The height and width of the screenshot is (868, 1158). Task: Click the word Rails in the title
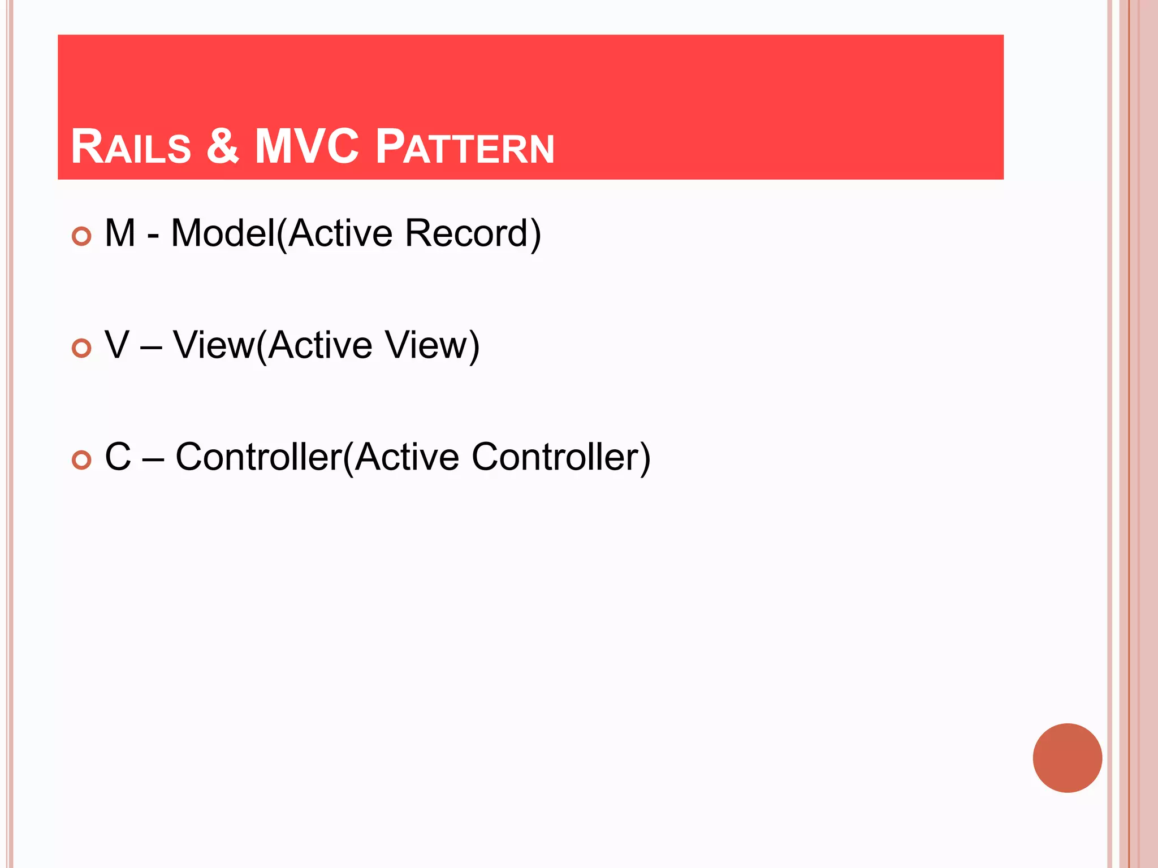[x=131, y=147]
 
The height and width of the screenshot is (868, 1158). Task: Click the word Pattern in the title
[x=465, y=147]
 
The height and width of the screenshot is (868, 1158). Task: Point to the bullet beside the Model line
[x=82, y=236]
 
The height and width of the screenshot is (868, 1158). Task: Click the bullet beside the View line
[x=82, y=348]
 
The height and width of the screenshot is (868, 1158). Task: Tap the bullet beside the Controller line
[x=82, y=460]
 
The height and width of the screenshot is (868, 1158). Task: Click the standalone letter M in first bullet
[x=120, y=233]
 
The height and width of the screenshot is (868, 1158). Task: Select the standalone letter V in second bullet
[x=118, y=345]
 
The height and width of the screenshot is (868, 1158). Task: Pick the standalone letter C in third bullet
[x=118, y=457]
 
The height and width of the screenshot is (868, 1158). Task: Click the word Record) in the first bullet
[x=473, y=233]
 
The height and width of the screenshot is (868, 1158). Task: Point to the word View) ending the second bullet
[x=433, y=345]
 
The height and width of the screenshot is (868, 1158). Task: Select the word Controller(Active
[x=317, y=457]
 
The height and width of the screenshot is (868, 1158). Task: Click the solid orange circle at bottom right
[x=1067, y=758]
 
